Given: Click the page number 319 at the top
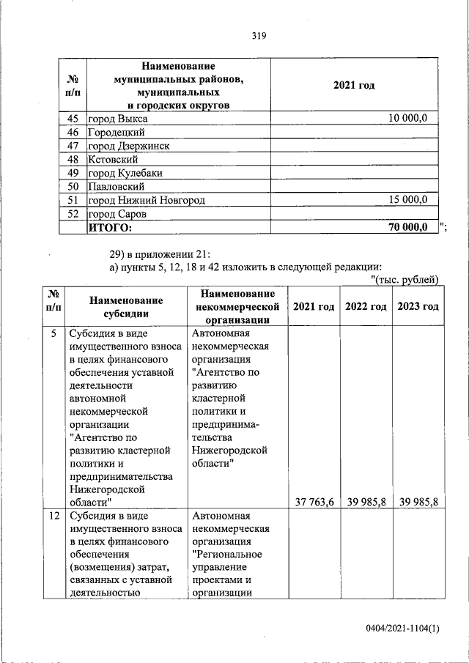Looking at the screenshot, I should pyautogui.click(x=257, y=35).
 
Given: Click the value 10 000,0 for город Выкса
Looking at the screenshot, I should pyautogui.click(x=413, y=119).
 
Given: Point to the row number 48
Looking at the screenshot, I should pyautogui.click(x=73, y=159).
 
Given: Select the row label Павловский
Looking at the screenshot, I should pyautogui.click(x=116, y=186).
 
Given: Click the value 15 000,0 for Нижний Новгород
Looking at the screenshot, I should pyautogui.click(x=413, y=199).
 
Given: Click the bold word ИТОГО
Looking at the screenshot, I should pyautogui.click(x=110, y=227).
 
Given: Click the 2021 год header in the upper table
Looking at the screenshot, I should pyautogui.click(x=354, y=86).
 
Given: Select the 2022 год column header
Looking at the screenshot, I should pyautogui.click(x=366, y=306).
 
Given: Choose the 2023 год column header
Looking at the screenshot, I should pyautogui.click(x=418, y=306).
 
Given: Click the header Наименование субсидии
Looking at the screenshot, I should pyautogui.click(x=126, y=306).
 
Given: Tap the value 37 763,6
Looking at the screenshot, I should pyautogui.click(x=314, y=502).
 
